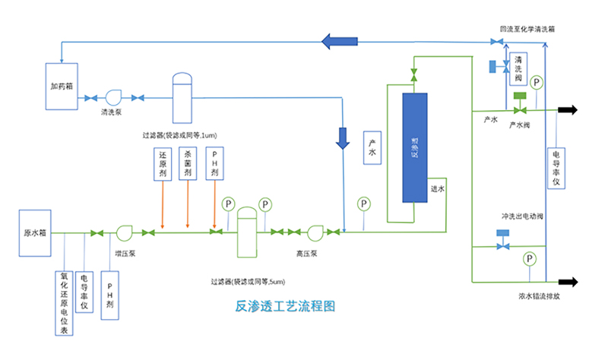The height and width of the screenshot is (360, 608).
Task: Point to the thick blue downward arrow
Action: (343, 137)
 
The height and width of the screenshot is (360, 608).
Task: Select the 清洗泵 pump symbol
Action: (113, 97)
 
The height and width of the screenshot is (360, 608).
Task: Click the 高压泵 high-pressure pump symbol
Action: (315, 232)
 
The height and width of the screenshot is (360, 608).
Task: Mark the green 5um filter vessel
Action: (247, 232)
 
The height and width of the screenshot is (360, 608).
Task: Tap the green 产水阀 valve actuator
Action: (521, 96)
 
